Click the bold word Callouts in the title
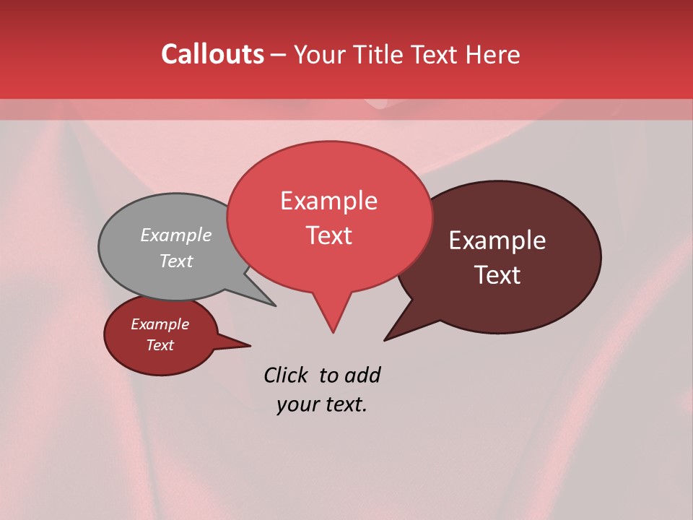212,54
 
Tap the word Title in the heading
380,54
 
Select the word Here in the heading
493,54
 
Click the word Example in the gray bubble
176,235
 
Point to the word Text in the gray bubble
176,261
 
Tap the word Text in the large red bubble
328,235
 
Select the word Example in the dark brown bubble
497,240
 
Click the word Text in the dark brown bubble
497,274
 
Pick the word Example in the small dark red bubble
160,324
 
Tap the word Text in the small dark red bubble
160,345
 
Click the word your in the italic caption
293,404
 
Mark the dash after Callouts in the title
278,55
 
